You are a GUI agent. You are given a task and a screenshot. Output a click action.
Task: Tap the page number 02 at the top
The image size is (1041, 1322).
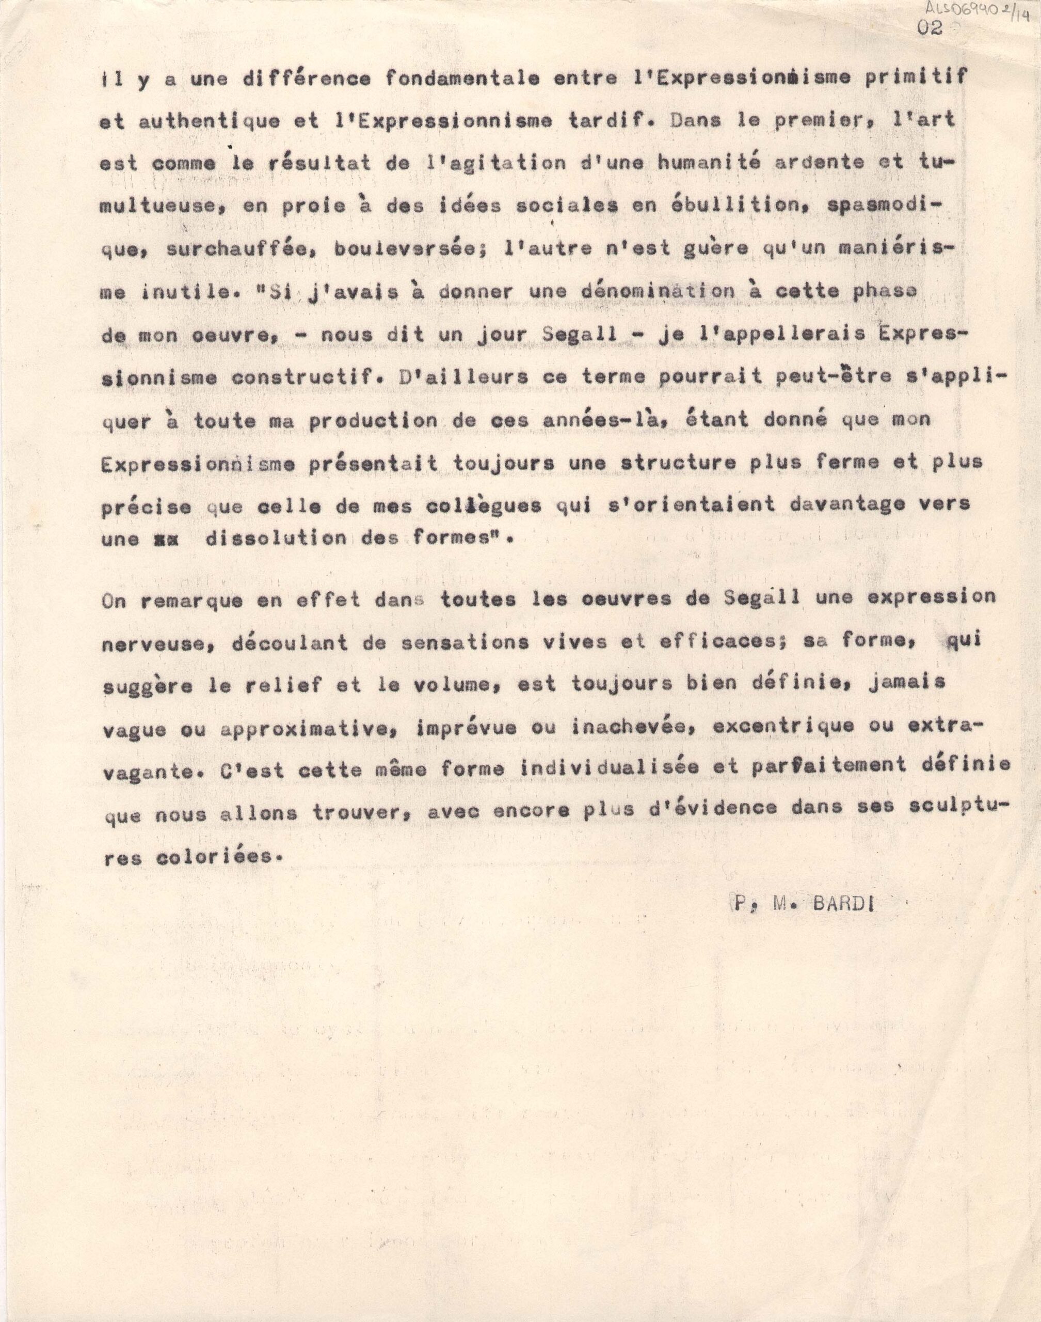pyautogui.click(x=930, y=27)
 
